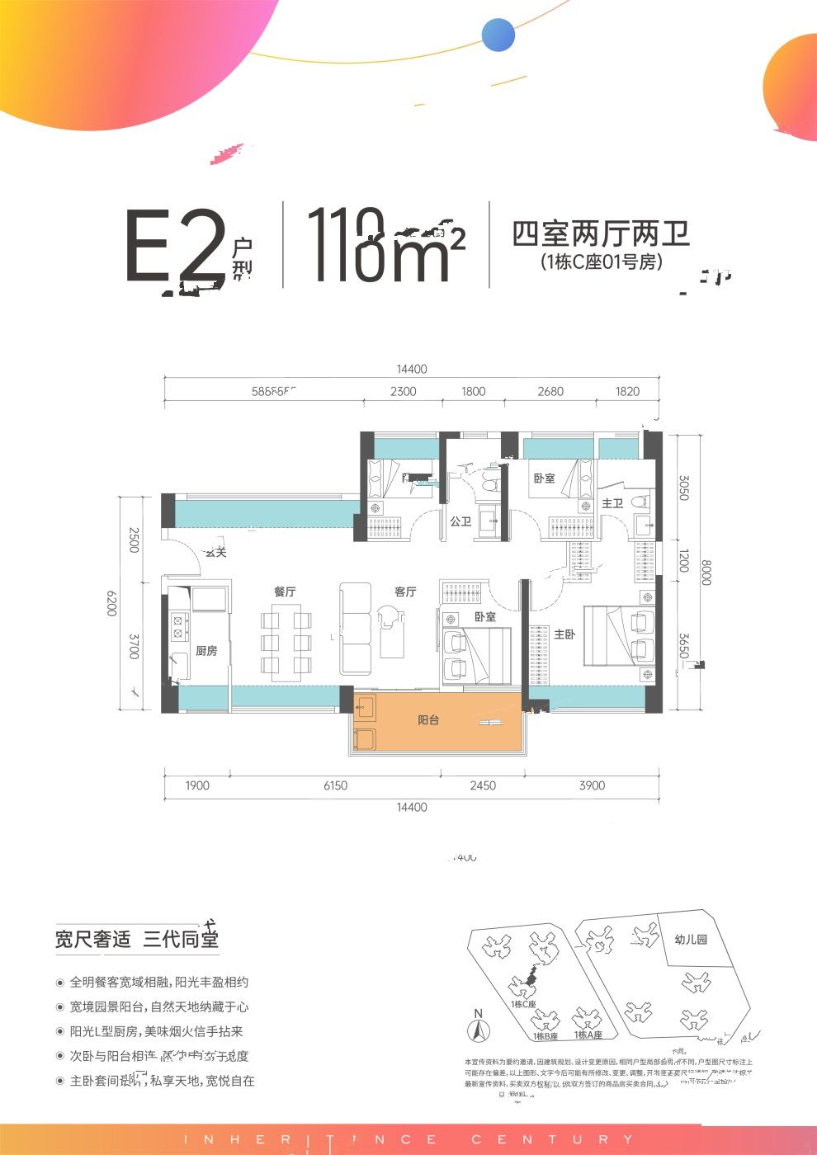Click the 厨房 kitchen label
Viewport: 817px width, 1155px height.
coord(206,651)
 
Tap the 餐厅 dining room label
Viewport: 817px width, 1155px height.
coord(285,592)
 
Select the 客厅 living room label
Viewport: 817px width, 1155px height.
coord(405,592)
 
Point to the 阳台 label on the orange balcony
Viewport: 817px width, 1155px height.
coord(428,720)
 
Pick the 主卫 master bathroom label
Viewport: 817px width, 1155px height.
coord(612,503)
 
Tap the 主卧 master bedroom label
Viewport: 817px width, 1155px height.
coord(564,634)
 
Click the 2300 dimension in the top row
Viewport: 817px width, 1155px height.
coord(403,391)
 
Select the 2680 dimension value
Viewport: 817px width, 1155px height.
coord(550,391)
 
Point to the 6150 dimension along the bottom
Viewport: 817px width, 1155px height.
coord(335,785)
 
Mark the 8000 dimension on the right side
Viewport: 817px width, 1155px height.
coord(706,572)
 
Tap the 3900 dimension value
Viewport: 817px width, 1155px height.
coord(592,785)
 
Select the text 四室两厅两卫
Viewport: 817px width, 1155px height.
coord(601,234)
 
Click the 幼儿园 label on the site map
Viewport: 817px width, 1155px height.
coord(690,939)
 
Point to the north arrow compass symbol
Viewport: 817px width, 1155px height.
coord(477,1026)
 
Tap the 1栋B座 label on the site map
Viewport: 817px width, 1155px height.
coord(545,1036)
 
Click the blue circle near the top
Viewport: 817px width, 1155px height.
coord(498,35)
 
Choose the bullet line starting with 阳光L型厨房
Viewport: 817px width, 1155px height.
coord(157,1031)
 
